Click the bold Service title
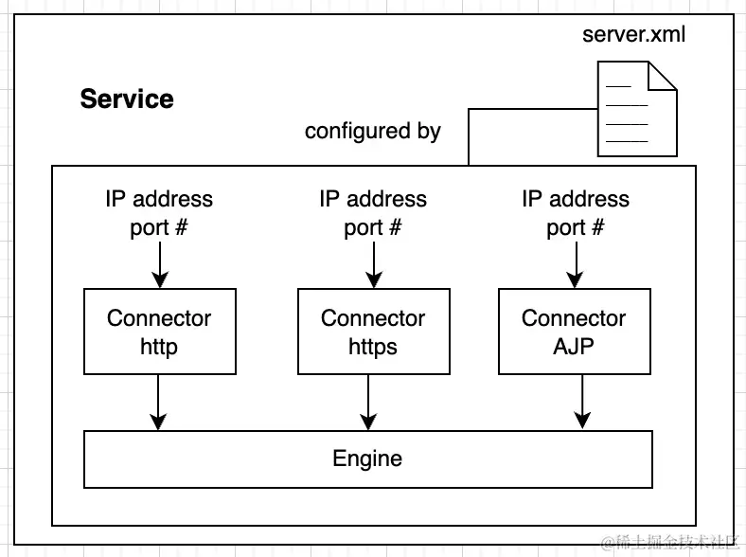[127, 99]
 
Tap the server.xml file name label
[633, 35]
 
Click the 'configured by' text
[372, 131]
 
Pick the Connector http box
[159, 332]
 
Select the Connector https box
[373, 332]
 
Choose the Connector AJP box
[574, 332]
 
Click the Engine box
[367, 459]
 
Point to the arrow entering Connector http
[160, 264]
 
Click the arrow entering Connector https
[374, 264]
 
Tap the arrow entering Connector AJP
[575, 264]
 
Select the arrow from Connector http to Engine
[160, 402]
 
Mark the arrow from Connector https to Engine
[368, 402]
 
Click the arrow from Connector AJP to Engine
[582, 402]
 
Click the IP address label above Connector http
[159, 200]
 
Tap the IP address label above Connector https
[373, 200]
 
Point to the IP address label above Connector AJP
[575, 200]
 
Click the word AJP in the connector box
[574, 347]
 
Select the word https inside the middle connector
[373, 347]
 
